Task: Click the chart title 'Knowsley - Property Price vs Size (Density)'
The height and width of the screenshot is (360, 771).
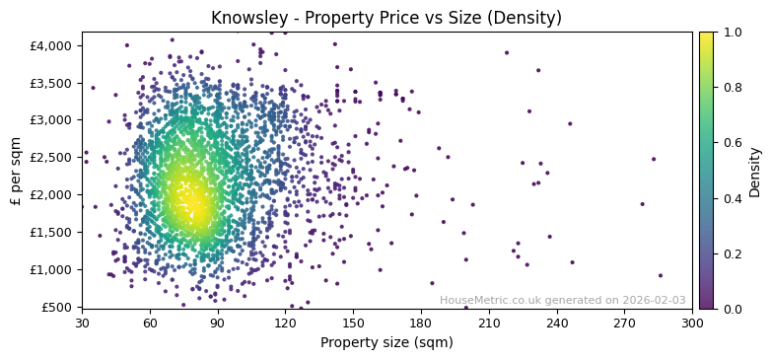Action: coord(386,18)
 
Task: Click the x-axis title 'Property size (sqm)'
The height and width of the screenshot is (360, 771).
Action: coord(386,342)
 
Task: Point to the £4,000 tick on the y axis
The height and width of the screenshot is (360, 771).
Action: coord(50,45)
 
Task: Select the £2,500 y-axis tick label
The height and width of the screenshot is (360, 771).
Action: coord(50,158)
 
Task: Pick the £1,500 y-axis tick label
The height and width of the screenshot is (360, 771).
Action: coord(50,232)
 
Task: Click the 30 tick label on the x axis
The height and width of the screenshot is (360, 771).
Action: coord(82,323)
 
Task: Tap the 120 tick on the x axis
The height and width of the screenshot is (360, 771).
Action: coord(285,323)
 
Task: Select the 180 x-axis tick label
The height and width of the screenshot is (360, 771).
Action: coord(421,323)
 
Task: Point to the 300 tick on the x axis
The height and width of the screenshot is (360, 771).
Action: coord(692,323)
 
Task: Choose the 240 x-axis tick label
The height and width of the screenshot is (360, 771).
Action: coord(557,323)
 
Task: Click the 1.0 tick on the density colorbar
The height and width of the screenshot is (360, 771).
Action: coord(732,33)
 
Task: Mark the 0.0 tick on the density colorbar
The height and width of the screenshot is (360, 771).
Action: coord(732,309)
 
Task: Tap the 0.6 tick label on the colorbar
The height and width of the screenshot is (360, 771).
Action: coord(732,143)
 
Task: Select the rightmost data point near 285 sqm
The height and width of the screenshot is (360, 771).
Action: coord(660,276)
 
